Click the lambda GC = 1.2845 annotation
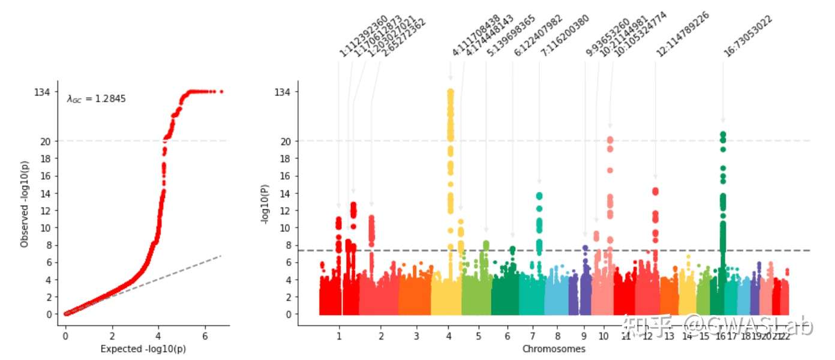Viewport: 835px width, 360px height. point(96,99)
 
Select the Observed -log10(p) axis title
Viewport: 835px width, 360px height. point(25,204)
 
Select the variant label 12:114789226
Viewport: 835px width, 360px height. point(683,34)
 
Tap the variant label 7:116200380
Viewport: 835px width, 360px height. point(565,36)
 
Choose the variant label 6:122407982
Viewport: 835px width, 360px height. point(538,36)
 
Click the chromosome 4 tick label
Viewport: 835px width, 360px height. point(449,337)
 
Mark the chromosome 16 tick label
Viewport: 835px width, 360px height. point(719,337)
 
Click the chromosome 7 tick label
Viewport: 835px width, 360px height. point(533,337)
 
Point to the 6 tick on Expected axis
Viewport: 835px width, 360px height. point(205,337)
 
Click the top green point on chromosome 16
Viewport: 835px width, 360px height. point(723,134)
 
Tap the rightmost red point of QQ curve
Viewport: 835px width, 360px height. point(221,92)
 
